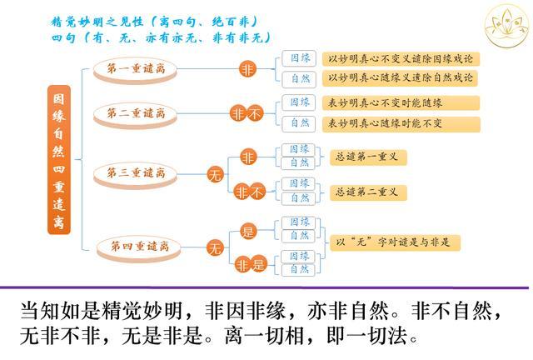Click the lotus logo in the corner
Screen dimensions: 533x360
[x=506, y=25]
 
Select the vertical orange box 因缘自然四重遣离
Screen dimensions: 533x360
[x=59, y=160]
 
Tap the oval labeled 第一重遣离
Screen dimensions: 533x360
[x=135, y=70]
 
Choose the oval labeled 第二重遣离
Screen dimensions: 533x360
[x=135, y=115]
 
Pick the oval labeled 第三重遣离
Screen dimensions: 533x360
[x=135, y=174]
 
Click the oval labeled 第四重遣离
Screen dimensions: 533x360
[x=138, y=247]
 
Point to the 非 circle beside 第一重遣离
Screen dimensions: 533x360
[x=247, y=69]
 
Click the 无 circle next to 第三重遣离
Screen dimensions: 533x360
[x=216, y=175]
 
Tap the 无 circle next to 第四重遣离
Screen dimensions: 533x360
[x=215, y=247]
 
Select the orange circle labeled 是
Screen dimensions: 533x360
[x=248, y=231]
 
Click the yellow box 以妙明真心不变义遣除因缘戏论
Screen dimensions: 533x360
[x=401, y=59]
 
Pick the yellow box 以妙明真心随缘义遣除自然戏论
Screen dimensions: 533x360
[x=400, y=78]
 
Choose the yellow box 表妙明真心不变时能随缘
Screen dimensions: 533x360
[x=401, y=103]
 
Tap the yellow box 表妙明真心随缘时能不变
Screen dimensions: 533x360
[x=401, y=124]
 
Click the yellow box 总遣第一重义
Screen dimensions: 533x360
[x=368, y=157]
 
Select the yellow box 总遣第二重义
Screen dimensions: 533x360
[x=368, y=192]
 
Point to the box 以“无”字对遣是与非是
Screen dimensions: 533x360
[x=396, y=242]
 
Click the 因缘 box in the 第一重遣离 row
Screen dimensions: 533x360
[x=299, y=57]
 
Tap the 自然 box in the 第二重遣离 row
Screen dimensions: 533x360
[x=299, y=123]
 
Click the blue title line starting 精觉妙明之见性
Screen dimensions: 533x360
[x=155, y=22]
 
